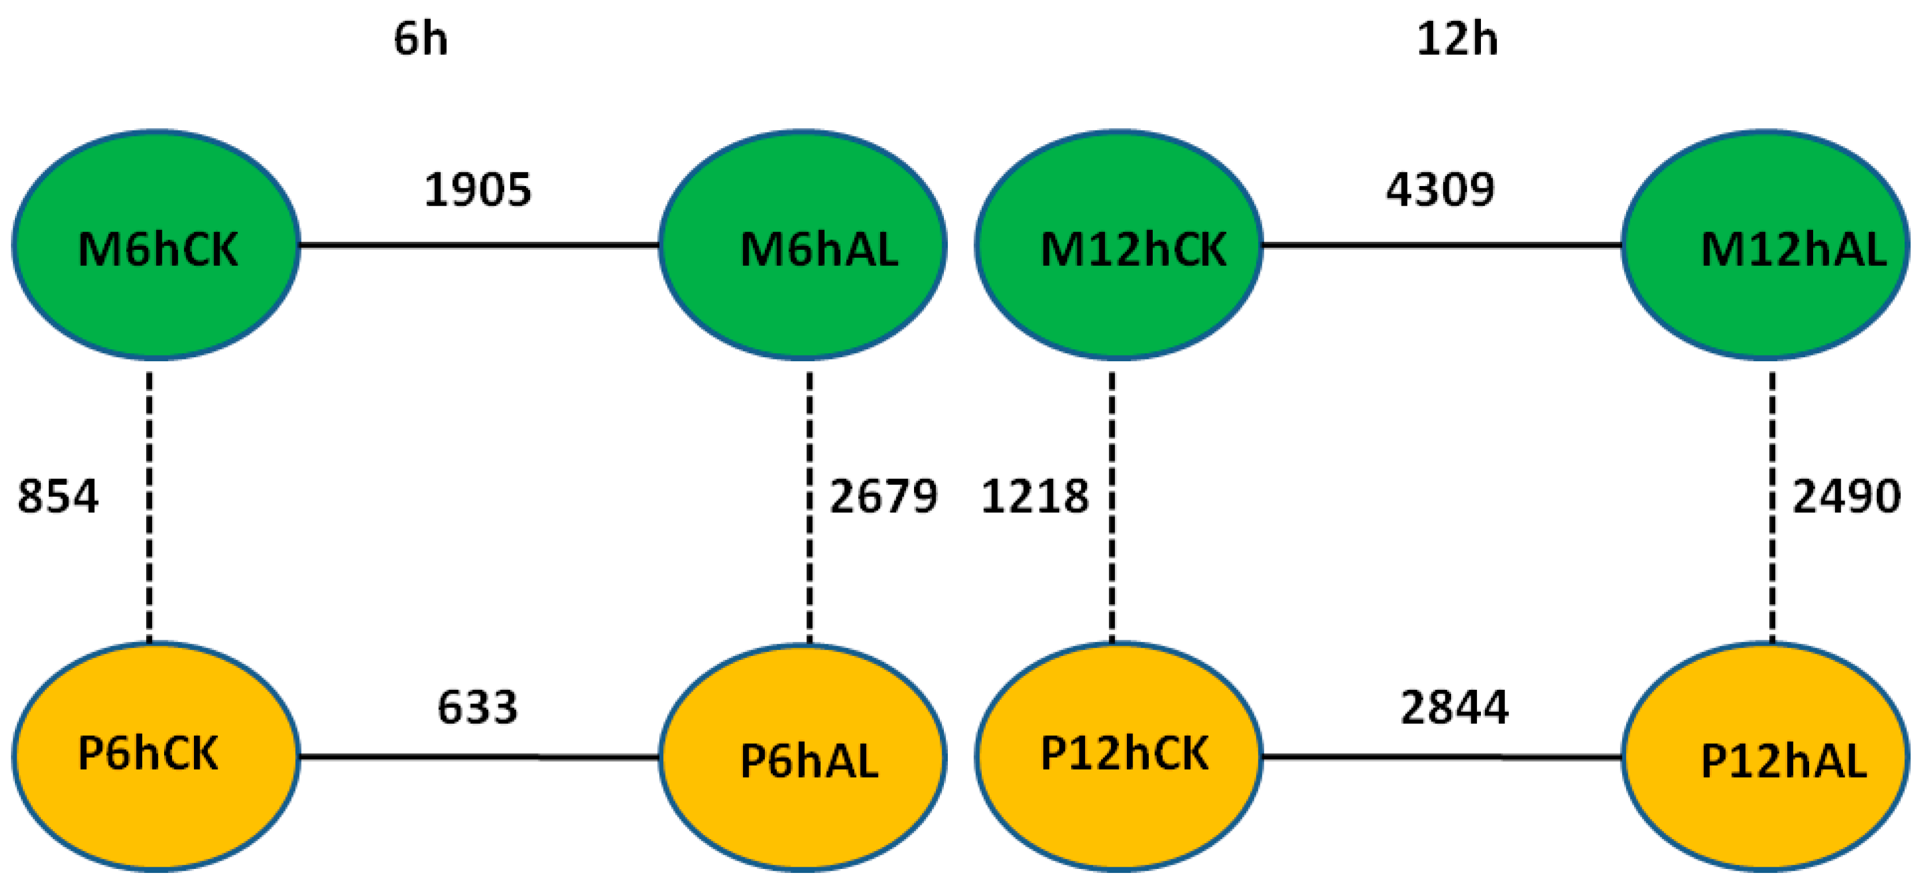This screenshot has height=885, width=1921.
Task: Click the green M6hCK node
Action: [156, 245]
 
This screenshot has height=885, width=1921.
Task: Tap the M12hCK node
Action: [1119, 245]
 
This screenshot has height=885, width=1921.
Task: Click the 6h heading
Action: [421, 39]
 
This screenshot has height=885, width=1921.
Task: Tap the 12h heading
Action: [1456, 39]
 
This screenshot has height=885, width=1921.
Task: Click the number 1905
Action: [477, 190]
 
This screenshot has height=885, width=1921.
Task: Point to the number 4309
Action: [1440, 190]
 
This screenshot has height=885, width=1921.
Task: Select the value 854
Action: [57, 496]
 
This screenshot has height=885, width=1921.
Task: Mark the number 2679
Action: [884, 496]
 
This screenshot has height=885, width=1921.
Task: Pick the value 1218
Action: [1035, 496]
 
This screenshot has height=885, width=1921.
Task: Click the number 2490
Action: [1846, 496]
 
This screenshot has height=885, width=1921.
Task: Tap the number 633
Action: [477, 708]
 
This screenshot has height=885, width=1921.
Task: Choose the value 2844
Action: [1454, 708]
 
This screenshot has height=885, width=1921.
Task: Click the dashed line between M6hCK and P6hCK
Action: [149, 508]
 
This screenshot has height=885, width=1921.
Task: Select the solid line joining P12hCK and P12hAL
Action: [1441, 757]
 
